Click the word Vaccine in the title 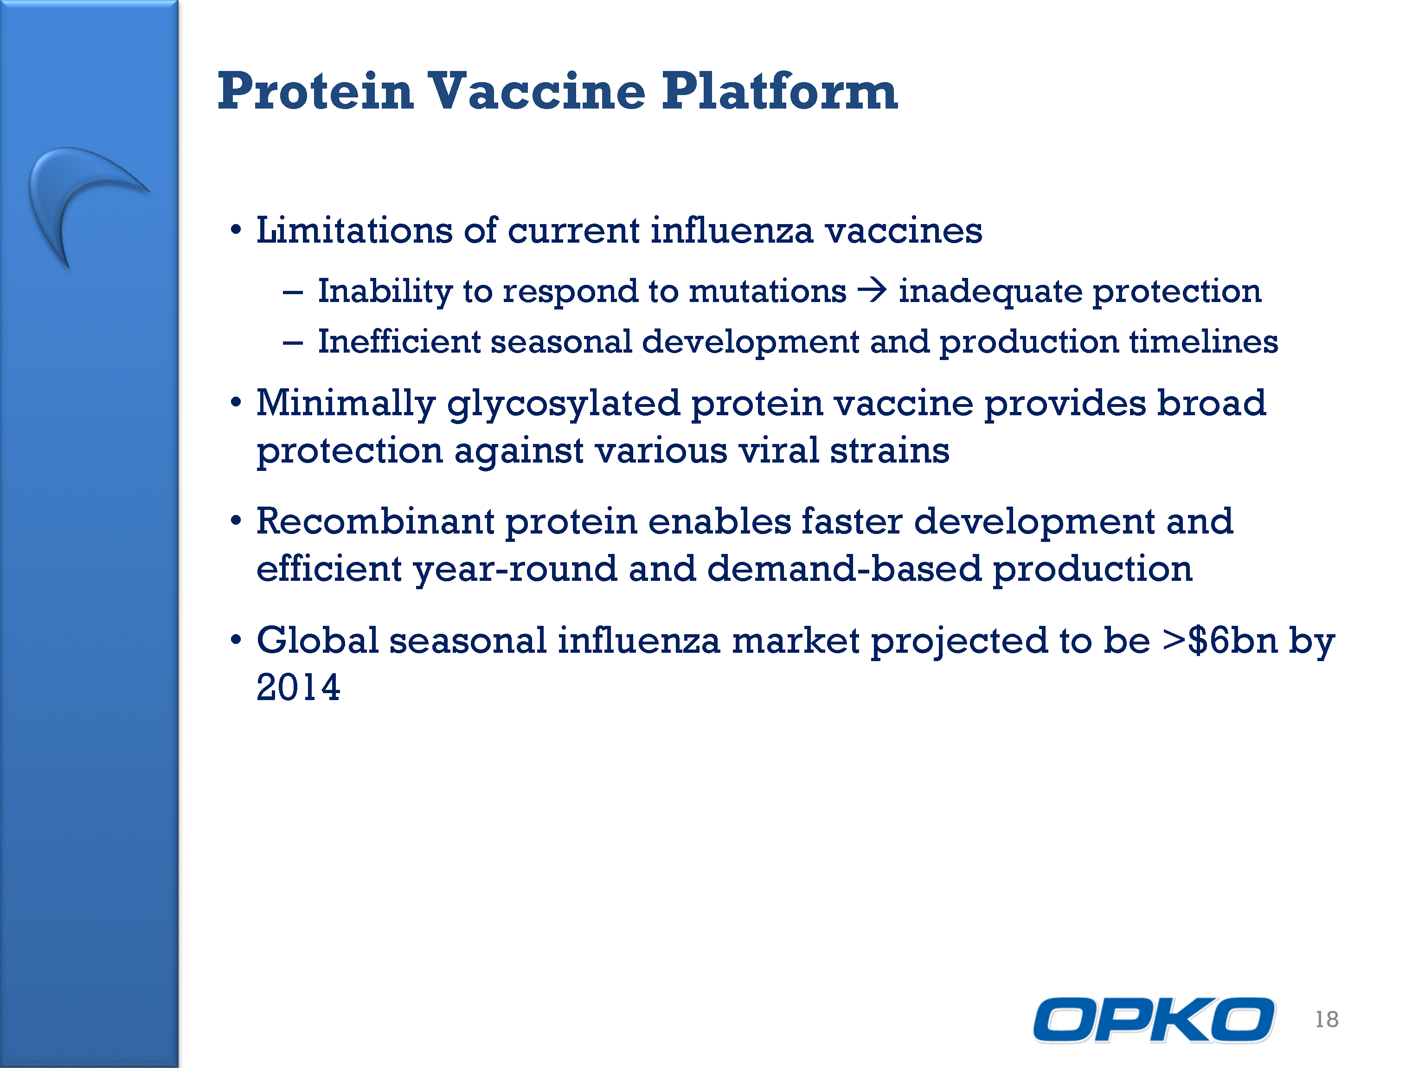click(537, 91)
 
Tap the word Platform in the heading click(780, 91)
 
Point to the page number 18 click(1327, 1020)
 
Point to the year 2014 click(298, 687)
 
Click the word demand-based click(844, 568)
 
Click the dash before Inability click(293, 292)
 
